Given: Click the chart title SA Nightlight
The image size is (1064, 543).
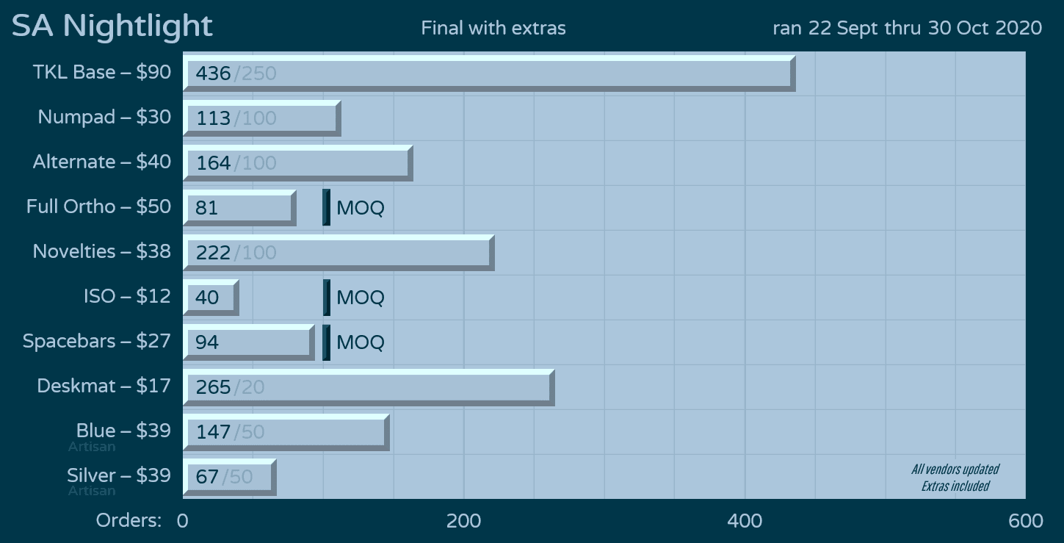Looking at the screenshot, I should click(x=112, y=26).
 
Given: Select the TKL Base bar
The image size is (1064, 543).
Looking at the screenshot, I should click(x=488, y=73).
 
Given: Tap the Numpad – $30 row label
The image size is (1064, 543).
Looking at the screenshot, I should click(x=104, y=117).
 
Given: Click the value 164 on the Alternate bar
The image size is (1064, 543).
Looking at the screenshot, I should click(x=213, y=163).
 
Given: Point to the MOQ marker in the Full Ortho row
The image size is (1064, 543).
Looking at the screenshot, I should click(x=327, y=208).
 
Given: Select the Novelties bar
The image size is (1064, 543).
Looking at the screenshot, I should click(x=338, y=253).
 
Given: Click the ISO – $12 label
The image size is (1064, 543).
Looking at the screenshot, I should click(x=127, y=296).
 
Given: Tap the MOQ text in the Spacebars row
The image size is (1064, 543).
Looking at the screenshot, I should click(x=360, y=342).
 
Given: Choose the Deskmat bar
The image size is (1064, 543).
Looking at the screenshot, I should click(x=368, y=387).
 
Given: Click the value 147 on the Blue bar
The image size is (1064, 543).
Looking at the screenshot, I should click(x=213, y=432).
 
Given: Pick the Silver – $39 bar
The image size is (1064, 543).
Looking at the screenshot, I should click(x=229, y=477).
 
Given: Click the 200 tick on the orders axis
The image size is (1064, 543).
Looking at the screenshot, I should click(x=463, y=521).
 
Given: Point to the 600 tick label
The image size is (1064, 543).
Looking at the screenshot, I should click(x=1026, y=521).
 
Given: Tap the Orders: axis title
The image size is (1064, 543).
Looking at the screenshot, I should click(x=129, y=521).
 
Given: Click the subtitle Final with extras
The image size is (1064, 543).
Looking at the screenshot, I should click(x=493, y=29).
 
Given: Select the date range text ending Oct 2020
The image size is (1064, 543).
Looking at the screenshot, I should click(x=907, y=28).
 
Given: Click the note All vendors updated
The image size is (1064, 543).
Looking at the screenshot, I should click(x=955, y=470).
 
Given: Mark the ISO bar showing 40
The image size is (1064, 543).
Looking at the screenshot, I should click(x=211, y=298).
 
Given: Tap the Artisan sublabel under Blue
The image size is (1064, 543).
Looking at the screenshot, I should click(x=92, y=447).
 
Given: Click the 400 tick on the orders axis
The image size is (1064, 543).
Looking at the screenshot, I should click(x=745, y=521).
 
